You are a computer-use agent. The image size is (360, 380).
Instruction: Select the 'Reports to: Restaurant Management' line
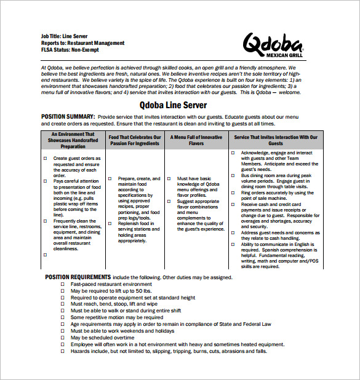click(82, 43)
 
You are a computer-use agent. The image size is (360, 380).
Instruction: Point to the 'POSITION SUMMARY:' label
click(68, 116)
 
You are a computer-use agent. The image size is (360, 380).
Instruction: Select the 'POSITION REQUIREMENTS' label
click(78, 277)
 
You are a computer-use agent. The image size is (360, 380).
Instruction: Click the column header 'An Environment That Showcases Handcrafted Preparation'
click(73, 140)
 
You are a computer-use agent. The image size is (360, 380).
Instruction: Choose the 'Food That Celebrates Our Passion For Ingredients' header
click(135, 140)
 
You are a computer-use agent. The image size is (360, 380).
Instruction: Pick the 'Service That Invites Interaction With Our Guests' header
click(276, 140)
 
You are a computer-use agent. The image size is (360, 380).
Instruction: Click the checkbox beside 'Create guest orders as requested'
click(45, 159)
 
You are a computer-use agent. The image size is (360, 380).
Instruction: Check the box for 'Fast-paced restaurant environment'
click(62, 285)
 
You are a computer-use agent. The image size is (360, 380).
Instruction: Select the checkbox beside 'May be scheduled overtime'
click(62, 338)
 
